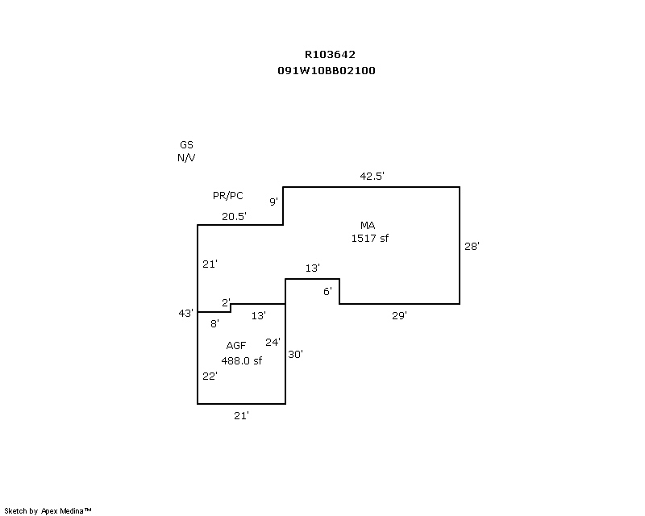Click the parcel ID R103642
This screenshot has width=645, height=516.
(329, 55)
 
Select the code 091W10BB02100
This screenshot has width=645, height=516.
(326, 70)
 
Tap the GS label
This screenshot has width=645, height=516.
(186, 145)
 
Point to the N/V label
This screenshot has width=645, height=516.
(186, 158)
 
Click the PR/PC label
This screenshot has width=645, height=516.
(227, 196)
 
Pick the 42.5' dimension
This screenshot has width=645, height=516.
(372, 176)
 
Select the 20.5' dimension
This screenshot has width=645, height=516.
(235, 216)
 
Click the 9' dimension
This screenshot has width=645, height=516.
(274, 202)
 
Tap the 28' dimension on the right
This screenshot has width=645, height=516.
(472, 247)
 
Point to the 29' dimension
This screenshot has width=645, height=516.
(400, 316)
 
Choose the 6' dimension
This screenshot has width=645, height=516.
(328, 291)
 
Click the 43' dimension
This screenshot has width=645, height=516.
(186, 313)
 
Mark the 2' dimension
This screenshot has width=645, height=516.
(227, 303)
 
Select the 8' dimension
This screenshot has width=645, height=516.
(214, 323)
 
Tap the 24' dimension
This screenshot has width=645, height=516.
(273, 342)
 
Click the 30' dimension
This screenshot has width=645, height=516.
(295, 353)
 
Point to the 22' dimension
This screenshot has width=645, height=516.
(210, 376)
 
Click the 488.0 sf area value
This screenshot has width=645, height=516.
(242, 360)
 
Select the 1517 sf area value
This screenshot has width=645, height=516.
(370, 238)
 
